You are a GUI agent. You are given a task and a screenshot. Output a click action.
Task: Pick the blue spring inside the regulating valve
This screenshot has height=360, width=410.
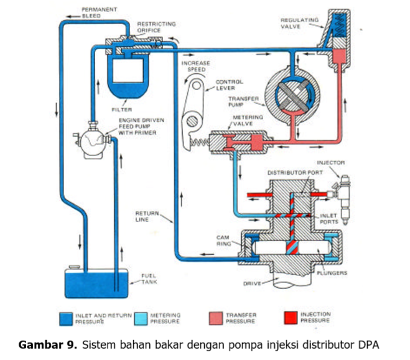[338, 30]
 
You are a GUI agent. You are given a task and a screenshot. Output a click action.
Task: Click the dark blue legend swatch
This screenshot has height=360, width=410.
[65, 318]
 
